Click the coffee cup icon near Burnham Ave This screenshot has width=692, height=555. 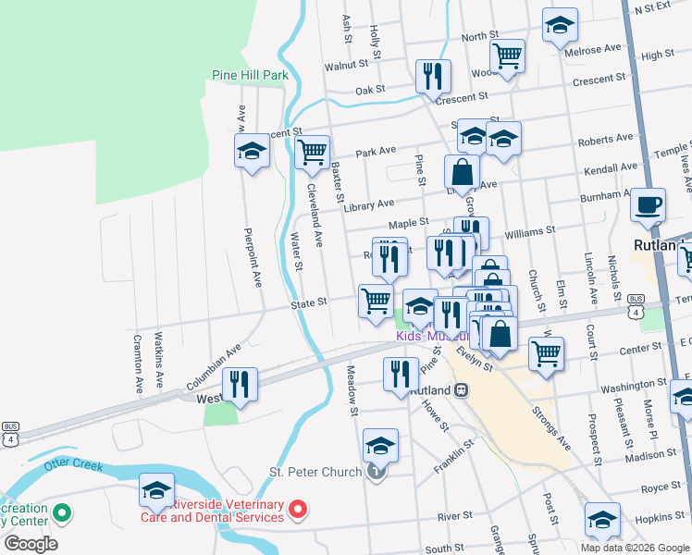coord(648,203)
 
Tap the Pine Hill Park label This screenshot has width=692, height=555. coord(251,75)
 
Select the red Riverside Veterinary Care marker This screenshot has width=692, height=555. coord(298,508)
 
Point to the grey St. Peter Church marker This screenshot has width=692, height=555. coord(375,473)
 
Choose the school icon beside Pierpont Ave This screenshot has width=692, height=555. coord(252,151)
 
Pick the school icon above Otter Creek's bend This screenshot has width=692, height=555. coord(157,489)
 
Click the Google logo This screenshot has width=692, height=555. coord(31,543)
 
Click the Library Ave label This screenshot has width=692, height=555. coord(369,203)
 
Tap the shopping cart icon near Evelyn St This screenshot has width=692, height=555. coord(547,351)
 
